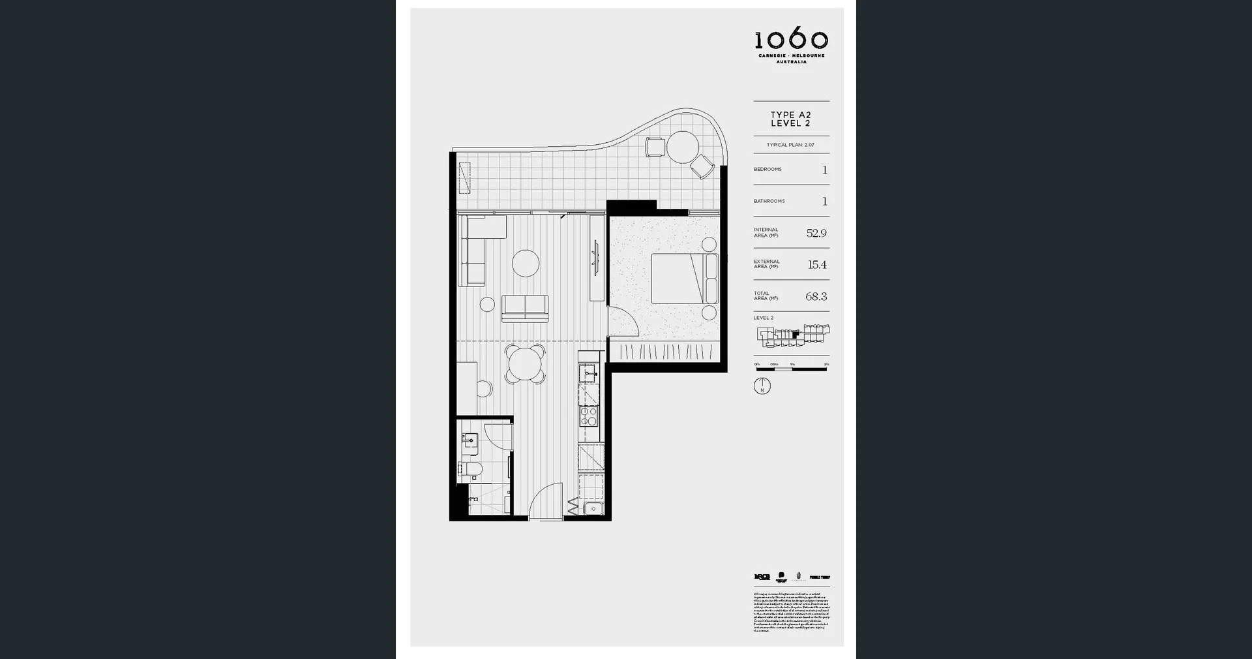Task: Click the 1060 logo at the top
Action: pos(791,40)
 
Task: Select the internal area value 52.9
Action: pos(816,233)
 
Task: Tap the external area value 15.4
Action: pos(817,265)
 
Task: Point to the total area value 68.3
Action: pos(816,296)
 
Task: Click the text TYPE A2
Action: pos(790,115)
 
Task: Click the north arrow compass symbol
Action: pos(762,386)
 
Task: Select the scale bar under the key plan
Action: pos(791,369)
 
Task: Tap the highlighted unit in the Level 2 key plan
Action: pos(796,333)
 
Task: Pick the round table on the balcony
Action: pos(683,147)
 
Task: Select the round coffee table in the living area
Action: pos(526,264)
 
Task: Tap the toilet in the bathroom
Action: pos(471,469)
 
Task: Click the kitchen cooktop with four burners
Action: pos(589,416)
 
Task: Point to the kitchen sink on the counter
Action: pos(589,374)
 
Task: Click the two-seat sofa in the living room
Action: pos(525,308)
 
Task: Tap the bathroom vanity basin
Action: pos(471,442)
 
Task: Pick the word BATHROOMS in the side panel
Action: pos(769,201)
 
